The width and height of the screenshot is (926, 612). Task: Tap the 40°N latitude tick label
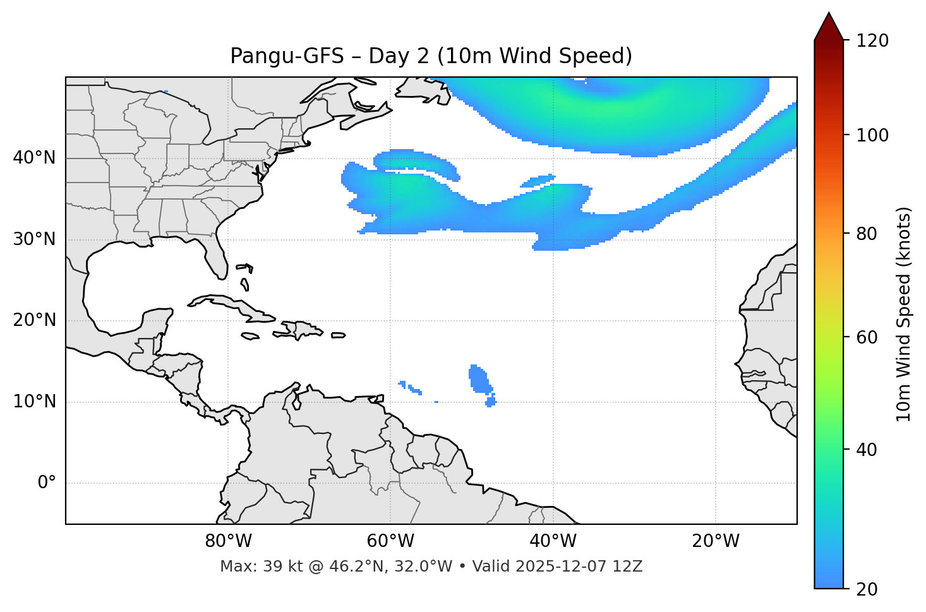click(x=34, y=158)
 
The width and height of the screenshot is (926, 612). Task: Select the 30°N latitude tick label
click(x=34, y=239)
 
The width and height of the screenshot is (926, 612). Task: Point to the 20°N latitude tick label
click(x=34, y=320)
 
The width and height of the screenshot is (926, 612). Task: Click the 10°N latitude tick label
click(x=34, y=402)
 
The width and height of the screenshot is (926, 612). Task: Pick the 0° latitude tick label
click(x=47, y=483)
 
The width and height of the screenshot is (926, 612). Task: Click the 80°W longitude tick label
click(x=228, y=541)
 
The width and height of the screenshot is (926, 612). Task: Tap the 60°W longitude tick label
click(x=390, y=541)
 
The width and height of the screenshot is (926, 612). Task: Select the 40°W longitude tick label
click(x=553, y=541)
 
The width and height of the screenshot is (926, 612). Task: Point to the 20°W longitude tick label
click(x=715, y=541)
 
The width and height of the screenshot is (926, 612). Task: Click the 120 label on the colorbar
click(x=872, y=41)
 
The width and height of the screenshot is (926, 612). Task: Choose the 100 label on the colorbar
click(x=872, y=135)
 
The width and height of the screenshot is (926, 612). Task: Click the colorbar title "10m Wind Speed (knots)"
click(x=904, y=314)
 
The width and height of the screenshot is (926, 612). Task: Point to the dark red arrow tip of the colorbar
click(x=829, y=24)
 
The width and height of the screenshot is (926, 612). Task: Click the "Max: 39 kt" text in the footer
click(x=248, y=567)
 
